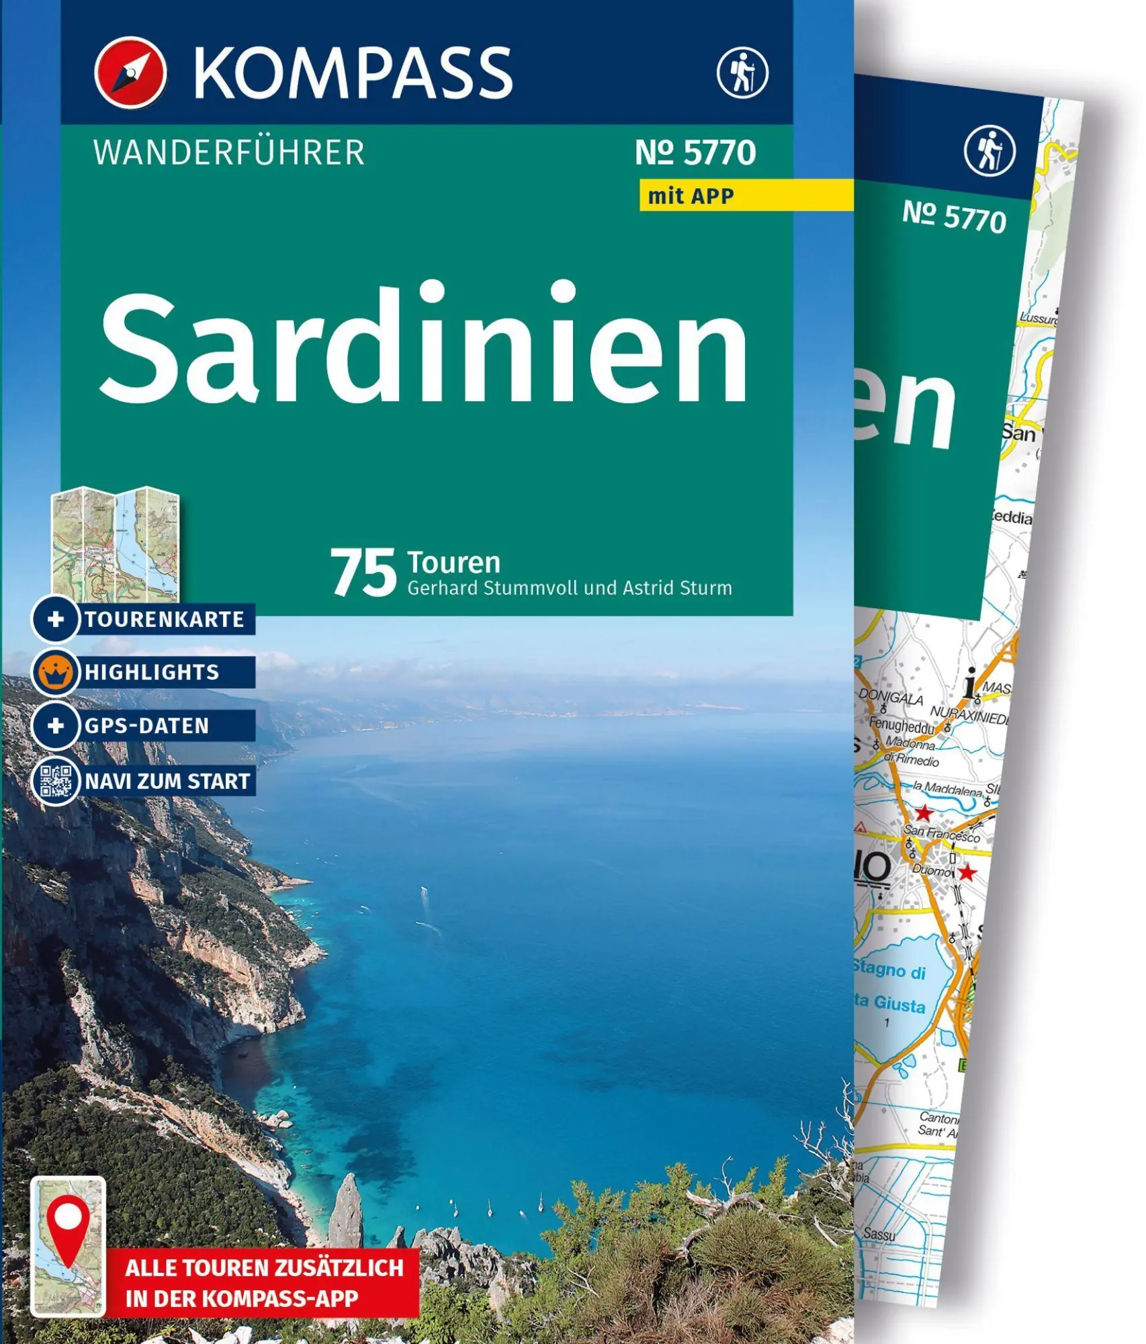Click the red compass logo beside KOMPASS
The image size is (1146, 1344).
coord(130,73)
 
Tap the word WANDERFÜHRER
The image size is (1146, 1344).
coord(229,153)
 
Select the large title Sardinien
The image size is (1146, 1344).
coord(424,345)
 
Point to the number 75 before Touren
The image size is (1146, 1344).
coord(363,573)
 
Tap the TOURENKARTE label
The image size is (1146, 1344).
coord(165,619)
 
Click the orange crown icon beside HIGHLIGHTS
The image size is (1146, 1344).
coord(56,671)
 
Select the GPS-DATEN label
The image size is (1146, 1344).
coord(147,726)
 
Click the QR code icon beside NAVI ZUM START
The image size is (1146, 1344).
coord(56,781)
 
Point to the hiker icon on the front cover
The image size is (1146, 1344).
coord(742,72)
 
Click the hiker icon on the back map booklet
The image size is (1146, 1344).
coord(989,151)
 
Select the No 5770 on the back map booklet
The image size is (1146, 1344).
coord(954,216)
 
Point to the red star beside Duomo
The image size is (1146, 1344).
coord(967,874)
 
